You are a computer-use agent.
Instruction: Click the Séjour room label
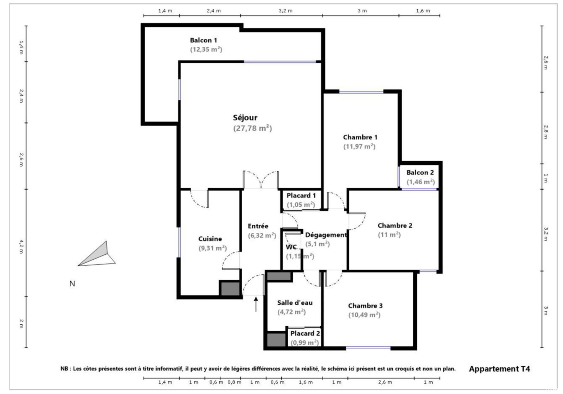pyautogui.click(x=245, y=117)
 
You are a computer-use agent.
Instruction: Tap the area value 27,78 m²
pyautogui.click(x=252, y=128)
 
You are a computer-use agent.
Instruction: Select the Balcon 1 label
pyautogui.click(x=203, y=40)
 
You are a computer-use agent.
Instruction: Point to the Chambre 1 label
pyautogui.click(x=360, y=137)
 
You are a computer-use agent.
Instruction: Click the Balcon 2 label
pyautogui.click(x=420, y=173)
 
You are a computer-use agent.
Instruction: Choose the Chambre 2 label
pyautogui.click(x=395, y=225)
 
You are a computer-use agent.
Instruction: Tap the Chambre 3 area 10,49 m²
pyautogui.click(x=364, y=315)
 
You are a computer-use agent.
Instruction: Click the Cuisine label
pyautogui.click(x=210, y=239)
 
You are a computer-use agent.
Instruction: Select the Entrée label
pyautogui.click(x=258, y=226)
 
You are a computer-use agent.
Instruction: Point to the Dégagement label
pyautogui.click(x=326, y=235)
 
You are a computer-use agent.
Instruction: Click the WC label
pyautogui.click(x=291, y=247)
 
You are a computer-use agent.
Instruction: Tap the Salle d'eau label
pyautogui.click(x=295, y=302)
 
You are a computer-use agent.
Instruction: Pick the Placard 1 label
pyautogui.click(x=301, y=195)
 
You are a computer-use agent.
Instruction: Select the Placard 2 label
pyautogui.click(x=305, y=333)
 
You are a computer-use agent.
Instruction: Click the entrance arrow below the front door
pyautogui.click(x=256, y=304)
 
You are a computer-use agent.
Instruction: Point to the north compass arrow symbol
pyautogui.click(x=97, y=255)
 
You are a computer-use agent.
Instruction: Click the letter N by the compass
pyautogui.click(x=72, y=284)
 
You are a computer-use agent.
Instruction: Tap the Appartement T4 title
pyautogui.click(x=499, y=369)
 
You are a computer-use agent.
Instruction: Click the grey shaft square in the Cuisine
pyautogui.click(x=230, y=289)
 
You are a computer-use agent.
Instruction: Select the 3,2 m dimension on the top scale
pyautogui.click(x=286, y=11)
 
